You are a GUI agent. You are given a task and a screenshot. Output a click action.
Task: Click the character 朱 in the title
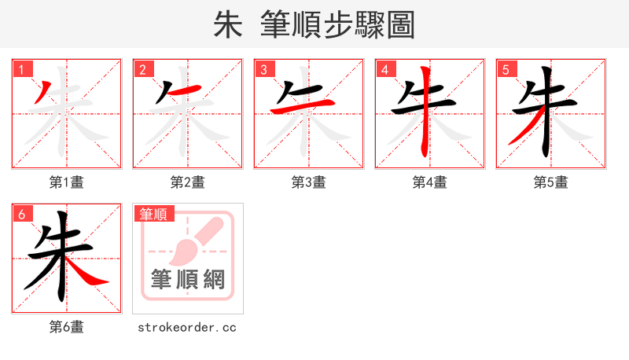228,24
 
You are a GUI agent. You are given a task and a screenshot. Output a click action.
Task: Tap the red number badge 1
21,69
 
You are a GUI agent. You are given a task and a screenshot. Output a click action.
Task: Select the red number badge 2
142,69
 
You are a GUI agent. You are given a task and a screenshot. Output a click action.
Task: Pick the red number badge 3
263,69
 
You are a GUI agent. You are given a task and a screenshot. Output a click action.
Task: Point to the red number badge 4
384,69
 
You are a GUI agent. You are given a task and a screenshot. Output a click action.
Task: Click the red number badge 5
506,69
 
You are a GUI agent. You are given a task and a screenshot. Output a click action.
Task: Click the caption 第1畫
67,182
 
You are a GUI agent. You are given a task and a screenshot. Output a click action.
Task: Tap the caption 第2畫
188,182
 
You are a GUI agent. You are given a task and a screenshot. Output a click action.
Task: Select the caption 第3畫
309,182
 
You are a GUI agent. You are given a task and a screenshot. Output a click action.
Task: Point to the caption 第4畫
430,182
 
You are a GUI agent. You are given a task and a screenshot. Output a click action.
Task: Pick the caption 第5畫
551,182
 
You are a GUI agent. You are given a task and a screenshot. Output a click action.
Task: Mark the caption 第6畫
67,327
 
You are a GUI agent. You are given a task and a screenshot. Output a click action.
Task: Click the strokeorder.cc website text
188,327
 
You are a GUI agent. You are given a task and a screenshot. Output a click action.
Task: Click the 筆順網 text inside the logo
188,279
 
